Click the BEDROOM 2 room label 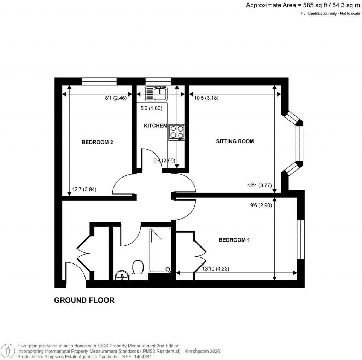(x=97, y=143)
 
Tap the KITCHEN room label (x=155, y=126)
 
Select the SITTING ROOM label (x=235, y=141)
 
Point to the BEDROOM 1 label (x=234, y=240)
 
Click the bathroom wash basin (x=122, y=275)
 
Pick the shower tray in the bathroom (x=160, y=250)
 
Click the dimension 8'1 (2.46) (x=118, y=98)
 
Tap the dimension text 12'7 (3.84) (x=84, y=190)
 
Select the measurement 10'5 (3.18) (x=206, y=98)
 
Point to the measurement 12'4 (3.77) (x=259, y=185)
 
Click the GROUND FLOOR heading (x=84, y=300)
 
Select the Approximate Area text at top (x=303, y=5)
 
